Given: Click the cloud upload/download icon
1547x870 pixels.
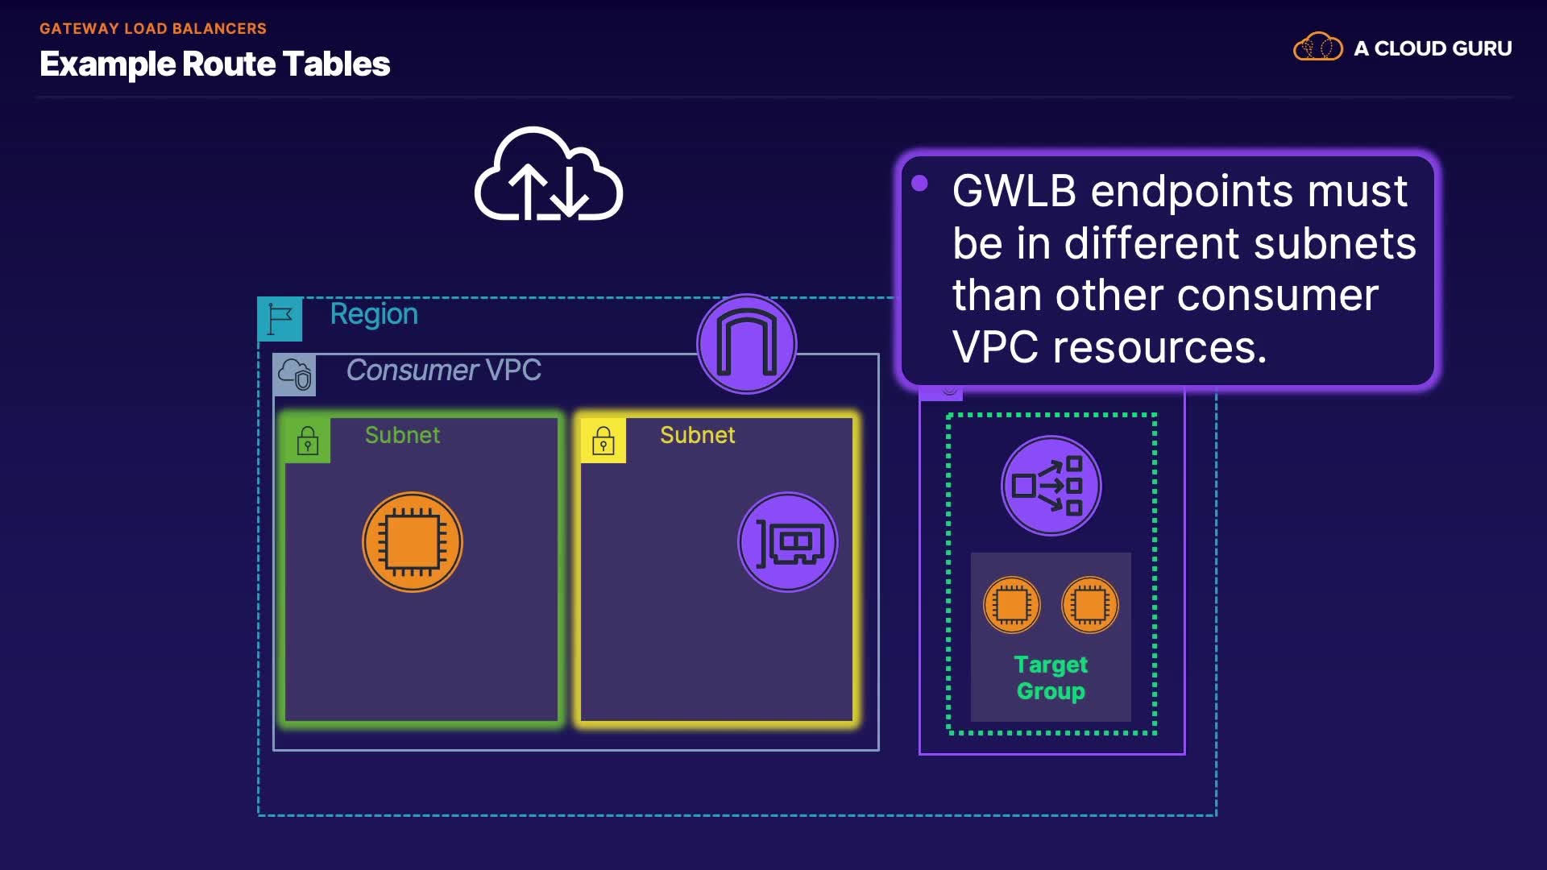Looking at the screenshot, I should click(x=549, y=175).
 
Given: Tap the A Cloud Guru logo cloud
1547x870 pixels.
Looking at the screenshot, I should click(x=1317, y=48).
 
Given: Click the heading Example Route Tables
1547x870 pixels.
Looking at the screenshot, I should click(x=214, y=64).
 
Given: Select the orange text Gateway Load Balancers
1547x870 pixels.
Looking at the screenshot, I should click(x=153, y=28).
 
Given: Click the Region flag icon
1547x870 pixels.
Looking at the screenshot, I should click(x=280, y=319).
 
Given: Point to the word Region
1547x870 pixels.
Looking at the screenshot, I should click(x=374, y=314).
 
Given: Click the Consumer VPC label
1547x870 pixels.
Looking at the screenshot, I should click(x=443, y=371).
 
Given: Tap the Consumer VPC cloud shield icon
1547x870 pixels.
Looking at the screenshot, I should click(x=295, y=375).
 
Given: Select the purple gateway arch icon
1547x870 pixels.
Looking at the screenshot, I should click(x=747, y=344).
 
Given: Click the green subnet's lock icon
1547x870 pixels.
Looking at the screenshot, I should click(x=308, y=441).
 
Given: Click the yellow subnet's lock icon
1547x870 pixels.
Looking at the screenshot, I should click(x=603, y=441).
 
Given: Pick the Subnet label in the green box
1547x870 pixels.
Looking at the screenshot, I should click(x=402, y=435).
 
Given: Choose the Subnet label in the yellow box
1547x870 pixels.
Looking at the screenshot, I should click(x=697, y=435).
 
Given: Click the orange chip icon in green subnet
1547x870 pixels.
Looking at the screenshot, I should click(x=413, y=542).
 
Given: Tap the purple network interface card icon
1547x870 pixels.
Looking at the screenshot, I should click(x=788, y=542).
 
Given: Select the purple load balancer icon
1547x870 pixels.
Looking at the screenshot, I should click(x=1051, y=486).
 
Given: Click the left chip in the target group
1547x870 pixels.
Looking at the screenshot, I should click(x=1012, y=605).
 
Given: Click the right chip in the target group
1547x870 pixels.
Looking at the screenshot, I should click(x=1090, y=605).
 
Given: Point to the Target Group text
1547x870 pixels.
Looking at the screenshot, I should click(x=1051, y=677).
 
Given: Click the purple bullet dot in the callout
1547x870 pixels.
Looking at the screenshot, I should click(x=919, y=184).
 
